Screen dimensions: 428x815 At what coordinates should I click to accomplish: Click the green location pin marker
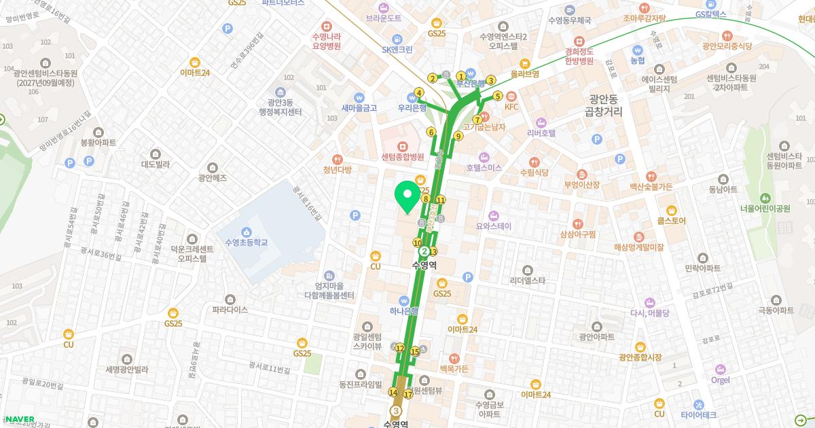(407, 198)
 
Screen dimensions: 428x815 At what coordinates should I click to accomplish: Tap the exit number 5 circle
(498, 96)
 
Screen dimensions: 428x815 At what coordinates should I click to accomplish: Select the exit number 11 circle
(441, 200)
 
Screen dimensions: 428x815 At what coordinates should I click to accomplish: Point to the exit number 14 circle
(393, 392)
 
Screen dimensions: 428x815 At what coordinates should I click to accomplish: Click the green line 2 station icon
(424, 251)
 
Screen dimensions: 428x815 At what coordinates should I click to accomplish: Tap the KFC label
(511, 107)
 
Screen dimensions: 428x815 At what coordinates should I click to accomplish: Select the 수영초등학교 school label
(247, 242)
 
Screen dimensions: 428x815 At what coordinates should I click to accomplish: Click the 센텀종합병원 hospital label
(402, 156)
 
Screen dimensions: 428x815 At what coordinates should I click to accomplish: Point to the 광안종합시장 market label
(640, 357)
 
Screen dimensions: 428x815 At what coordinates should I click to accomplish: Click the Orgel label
(720, 380)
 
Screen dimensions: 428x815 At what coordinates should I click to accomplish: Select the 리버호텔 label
(541, 132)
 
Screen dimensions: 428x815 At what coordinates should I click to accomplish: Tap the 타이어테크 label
(699, 414)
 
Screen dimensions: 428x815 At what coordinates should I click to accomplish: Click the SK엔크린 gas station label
(397, 49)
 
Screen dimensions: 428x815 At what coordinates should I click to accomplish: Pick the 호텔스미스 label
(484, 167)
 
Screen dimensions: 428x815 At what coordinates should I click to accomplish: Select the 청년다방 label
(338, 170)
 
